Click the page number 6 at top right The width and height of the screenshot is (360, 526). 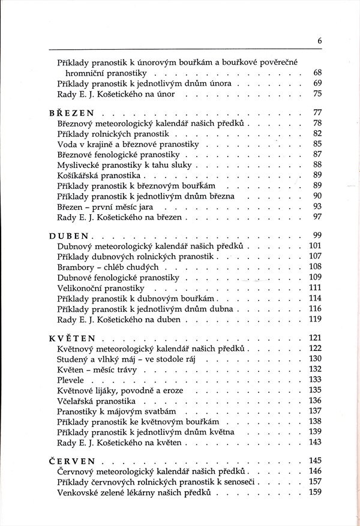point(320,40)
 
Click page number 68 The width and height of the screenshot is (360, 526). point(318,73)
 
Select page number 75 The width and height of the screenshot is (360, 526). point(318,93)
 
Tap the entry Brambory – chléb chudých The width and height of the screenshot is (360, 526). point(107,266)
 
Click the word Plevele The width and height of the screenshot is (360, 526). point(71,379)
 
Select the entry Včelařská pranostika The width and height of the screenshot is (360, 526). point(96,400)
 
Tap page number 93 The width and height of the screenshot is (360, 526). point(318,205)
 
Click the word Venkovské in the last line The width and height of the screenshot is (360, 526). point(78,492)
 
